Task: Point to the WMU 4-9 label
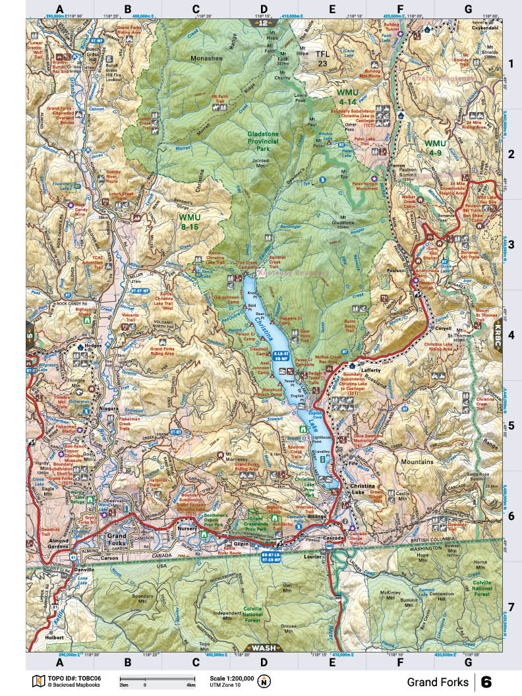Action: click(435, 148)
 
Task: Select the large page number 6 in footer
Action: click(486, 681)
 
